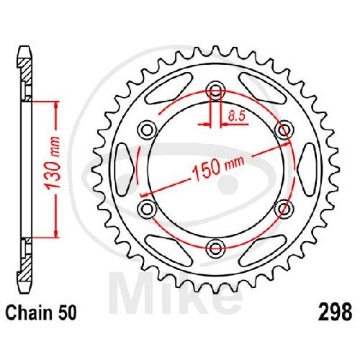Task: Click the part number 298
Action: (335, 312)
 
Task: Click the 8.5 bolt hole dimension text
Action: (236, 116)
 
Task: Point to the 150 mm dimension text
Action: (218, 168)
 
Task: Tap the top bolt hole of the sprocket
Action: (216, 91)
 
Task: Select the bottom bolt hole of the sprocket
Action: (216, 248)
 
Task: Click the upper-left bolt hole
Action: (147, 130)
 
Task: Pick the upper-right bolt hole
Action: (284, 130)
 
